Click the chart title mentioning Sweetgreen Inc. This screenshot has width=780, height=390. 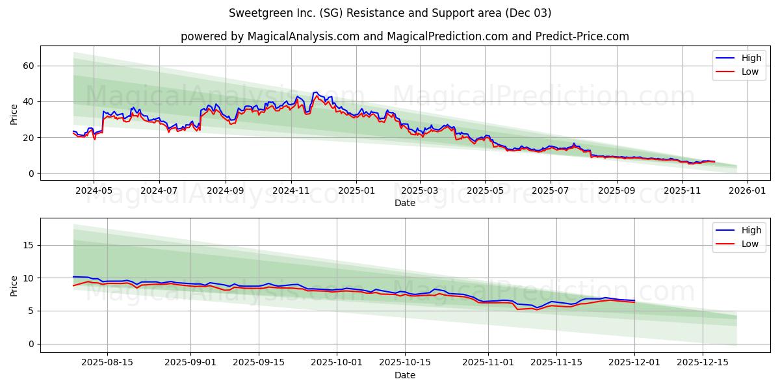coord(390,13)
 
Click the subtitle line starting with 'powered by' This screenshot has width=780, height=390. coord(404,36)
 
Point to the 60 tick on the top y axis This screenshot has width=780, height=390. coord(28,66)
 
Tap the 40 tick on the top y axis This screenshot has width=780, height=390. coord(28,101)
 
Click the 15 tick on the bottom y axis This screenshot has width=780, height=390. coord(28,245)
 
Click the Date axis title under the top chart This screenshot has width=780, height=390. coord(404,203)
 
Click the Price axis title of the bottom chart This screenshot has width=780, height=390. coord(14,285)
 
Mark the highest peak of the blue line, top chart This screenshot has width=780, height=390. coord(316,92)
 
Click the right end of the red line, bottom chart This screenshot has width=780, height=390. coord(634,302)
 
